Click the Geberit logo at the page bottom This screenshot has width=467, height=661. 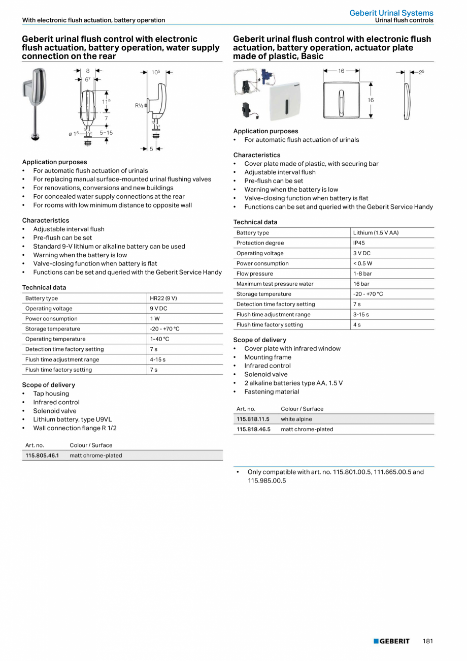click(x=391, y=641)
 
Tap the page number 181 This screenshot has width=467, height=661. click(x=427, y=641)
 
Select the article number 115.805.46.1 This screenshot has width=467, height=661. click(x=42, y=456)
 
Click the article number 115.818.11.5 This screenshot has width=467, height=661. click(x=253, y=419)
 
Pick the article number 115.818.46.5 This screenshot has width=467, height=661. click(x=253, y=430)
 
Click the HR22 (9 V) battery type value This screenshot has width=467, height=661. click(x=163, y=298)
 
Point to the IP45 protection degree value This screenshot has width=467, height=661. click(x=359, y=243)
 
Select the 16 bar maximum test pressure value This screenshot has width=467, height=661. click(x=361, y=284)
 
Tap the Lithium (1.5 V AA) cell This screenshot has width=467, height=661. click(x=376, y=233)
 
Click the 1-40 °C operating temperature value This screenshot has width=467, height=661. click(x=159, y=339)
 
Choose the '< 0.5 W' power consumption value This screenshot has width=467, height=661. click(x=362, y=263)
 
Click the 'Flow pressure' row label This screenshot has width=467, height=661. click(x=254, y=274)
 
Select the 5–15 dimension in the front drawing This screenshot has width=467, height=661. click(x=106, y=133)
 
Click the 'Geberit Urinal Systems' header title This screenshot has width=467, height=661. click(x=391, y=13)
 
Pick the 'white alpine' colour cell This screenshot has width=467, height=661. click(x=296, y=419)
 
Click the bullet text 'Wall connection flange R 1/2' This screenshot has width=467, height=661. click(x=75, y=428)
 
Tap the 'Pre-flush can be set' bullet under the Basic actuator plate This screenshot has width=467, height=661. click(x=274, y=181)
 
